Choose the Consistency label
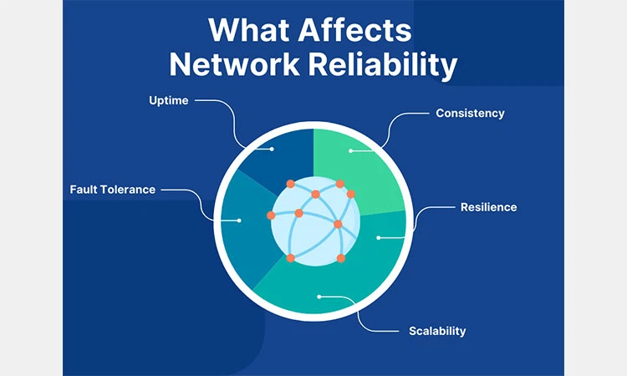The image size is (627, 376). click(x=470, y=113)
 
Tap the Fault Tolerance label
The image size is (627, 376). click(x=112, y=189)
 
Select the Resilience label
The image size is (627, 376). click(x=488, y=206)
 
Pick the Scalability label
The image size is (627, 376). click(x=437, y=331)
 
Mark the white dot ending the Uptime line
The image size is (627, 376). click(x=273, y=150)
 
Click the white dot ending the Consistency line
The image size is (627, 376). click(x=350, y=151)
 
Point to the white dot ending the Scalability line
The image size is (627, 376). click(x=319, y=296)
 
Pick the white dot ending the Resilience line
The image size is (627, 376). click(x=379, y=238)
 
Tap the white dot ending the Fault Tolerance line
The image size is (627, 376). click(x=239, y=221)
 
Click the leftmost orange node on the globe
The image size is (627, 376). click(x=271, y=215)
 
